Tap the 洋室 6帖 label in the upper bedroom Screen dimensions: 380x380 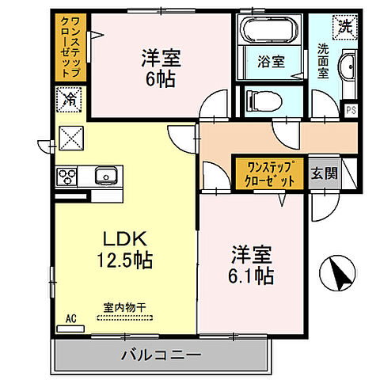(159, 69)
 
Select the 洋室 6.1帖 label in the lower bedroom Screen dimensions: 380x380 (252, 266)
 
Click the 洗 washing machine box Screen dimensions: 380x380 (345, 25)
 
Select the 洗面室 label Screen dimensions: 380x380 (323, 59)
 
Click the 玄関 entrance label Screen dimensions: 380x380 (321, 172)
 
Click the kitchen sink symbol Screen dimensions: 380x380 (104, 175)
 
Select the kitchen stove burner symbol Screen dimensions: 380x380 (66, 176)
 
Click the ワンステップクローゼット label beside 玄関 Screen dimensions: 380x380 (271, 173)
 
